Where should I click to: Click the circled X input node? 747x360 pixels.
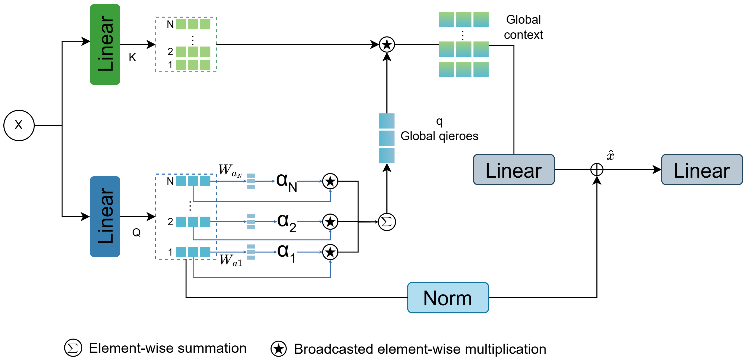tap(19, 125)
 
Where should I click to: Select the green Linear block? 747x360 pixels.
tap(105, 44)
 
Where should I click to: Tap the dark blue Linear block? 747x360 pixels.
tap(105, 216)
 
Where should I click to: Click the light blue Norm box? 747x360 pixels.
tap(448, 298)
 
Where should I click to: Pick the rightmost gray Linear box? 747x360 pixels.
tap(702, 170)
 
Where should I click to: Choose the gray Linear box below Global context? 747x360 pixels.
tap(514, 170)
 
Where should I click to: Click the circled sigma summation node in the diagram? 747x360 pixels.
tap(387, 222)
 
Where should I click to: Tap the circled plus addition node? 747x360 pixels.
tap(597, 170)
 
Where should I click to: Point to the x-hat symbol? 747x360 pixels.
tap(610, 155)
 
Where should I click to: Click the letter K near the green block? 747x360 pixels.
tap(132, 58)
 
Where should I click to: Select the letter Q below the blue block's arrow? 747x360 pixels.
tap(136, 232)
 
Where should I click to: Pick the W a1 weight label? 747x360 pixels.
tap(231, 260)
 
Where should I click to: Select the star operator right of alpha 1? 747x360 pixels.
tap(330, 252)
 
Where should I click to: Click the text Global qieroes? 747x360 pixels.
tap(439, 136)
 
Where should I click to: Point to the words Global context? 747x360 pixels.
tap(523, 27)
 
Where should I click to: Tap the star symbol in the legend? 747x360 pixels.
tap(278, 349)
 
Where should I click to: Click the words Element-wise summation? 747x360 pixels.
tap(168, 348)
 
